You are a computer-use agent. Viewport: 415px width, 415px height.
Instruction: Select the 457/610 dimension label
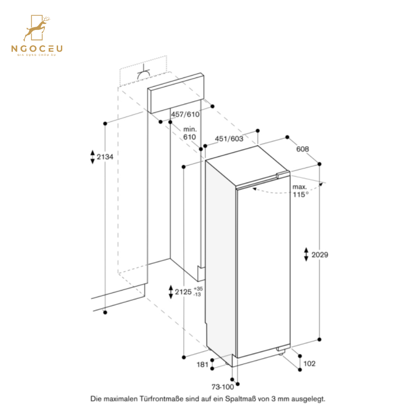tap(185, 114)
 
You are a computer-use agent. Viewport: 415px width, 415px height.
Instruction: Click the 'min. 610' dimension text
tap(190, 133)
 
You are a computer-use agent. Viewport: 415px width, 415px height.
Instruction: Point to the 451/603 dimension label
tap(229, 138)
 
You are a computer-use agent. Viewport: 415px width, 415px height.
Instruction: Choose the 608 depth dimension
tap(302, 149)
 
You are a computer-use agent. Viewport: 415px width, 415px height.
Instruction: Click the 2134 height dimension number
tap(105, 157)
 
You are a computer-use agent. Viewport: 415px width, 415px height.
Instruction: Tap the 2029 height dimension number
tap(320, 255)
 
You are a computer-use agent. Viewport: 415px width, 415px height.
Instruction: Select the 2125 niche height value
tap(184, 291)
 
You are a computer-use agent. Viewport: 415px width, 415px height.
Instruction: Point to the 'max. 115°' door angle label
tap(300, 190)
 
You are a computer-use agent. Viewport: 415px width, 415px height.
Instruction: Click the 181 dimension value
tap(202, 365)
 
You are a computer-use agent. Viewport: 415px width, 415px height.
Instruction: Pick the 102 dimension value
tap(309, 364)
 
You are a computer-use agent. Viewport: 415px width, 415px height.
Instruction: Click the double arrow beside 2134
tap(92, 157)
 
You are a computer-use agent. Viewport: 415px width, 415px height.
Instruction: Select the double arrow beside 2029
tap(306, 254)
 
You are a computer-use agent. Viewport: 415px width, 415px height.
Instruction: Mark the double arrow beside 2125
tap(171, 291)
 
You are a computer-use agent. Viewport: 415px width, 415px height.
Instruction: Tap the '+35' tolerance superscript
tap(198, 288)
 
